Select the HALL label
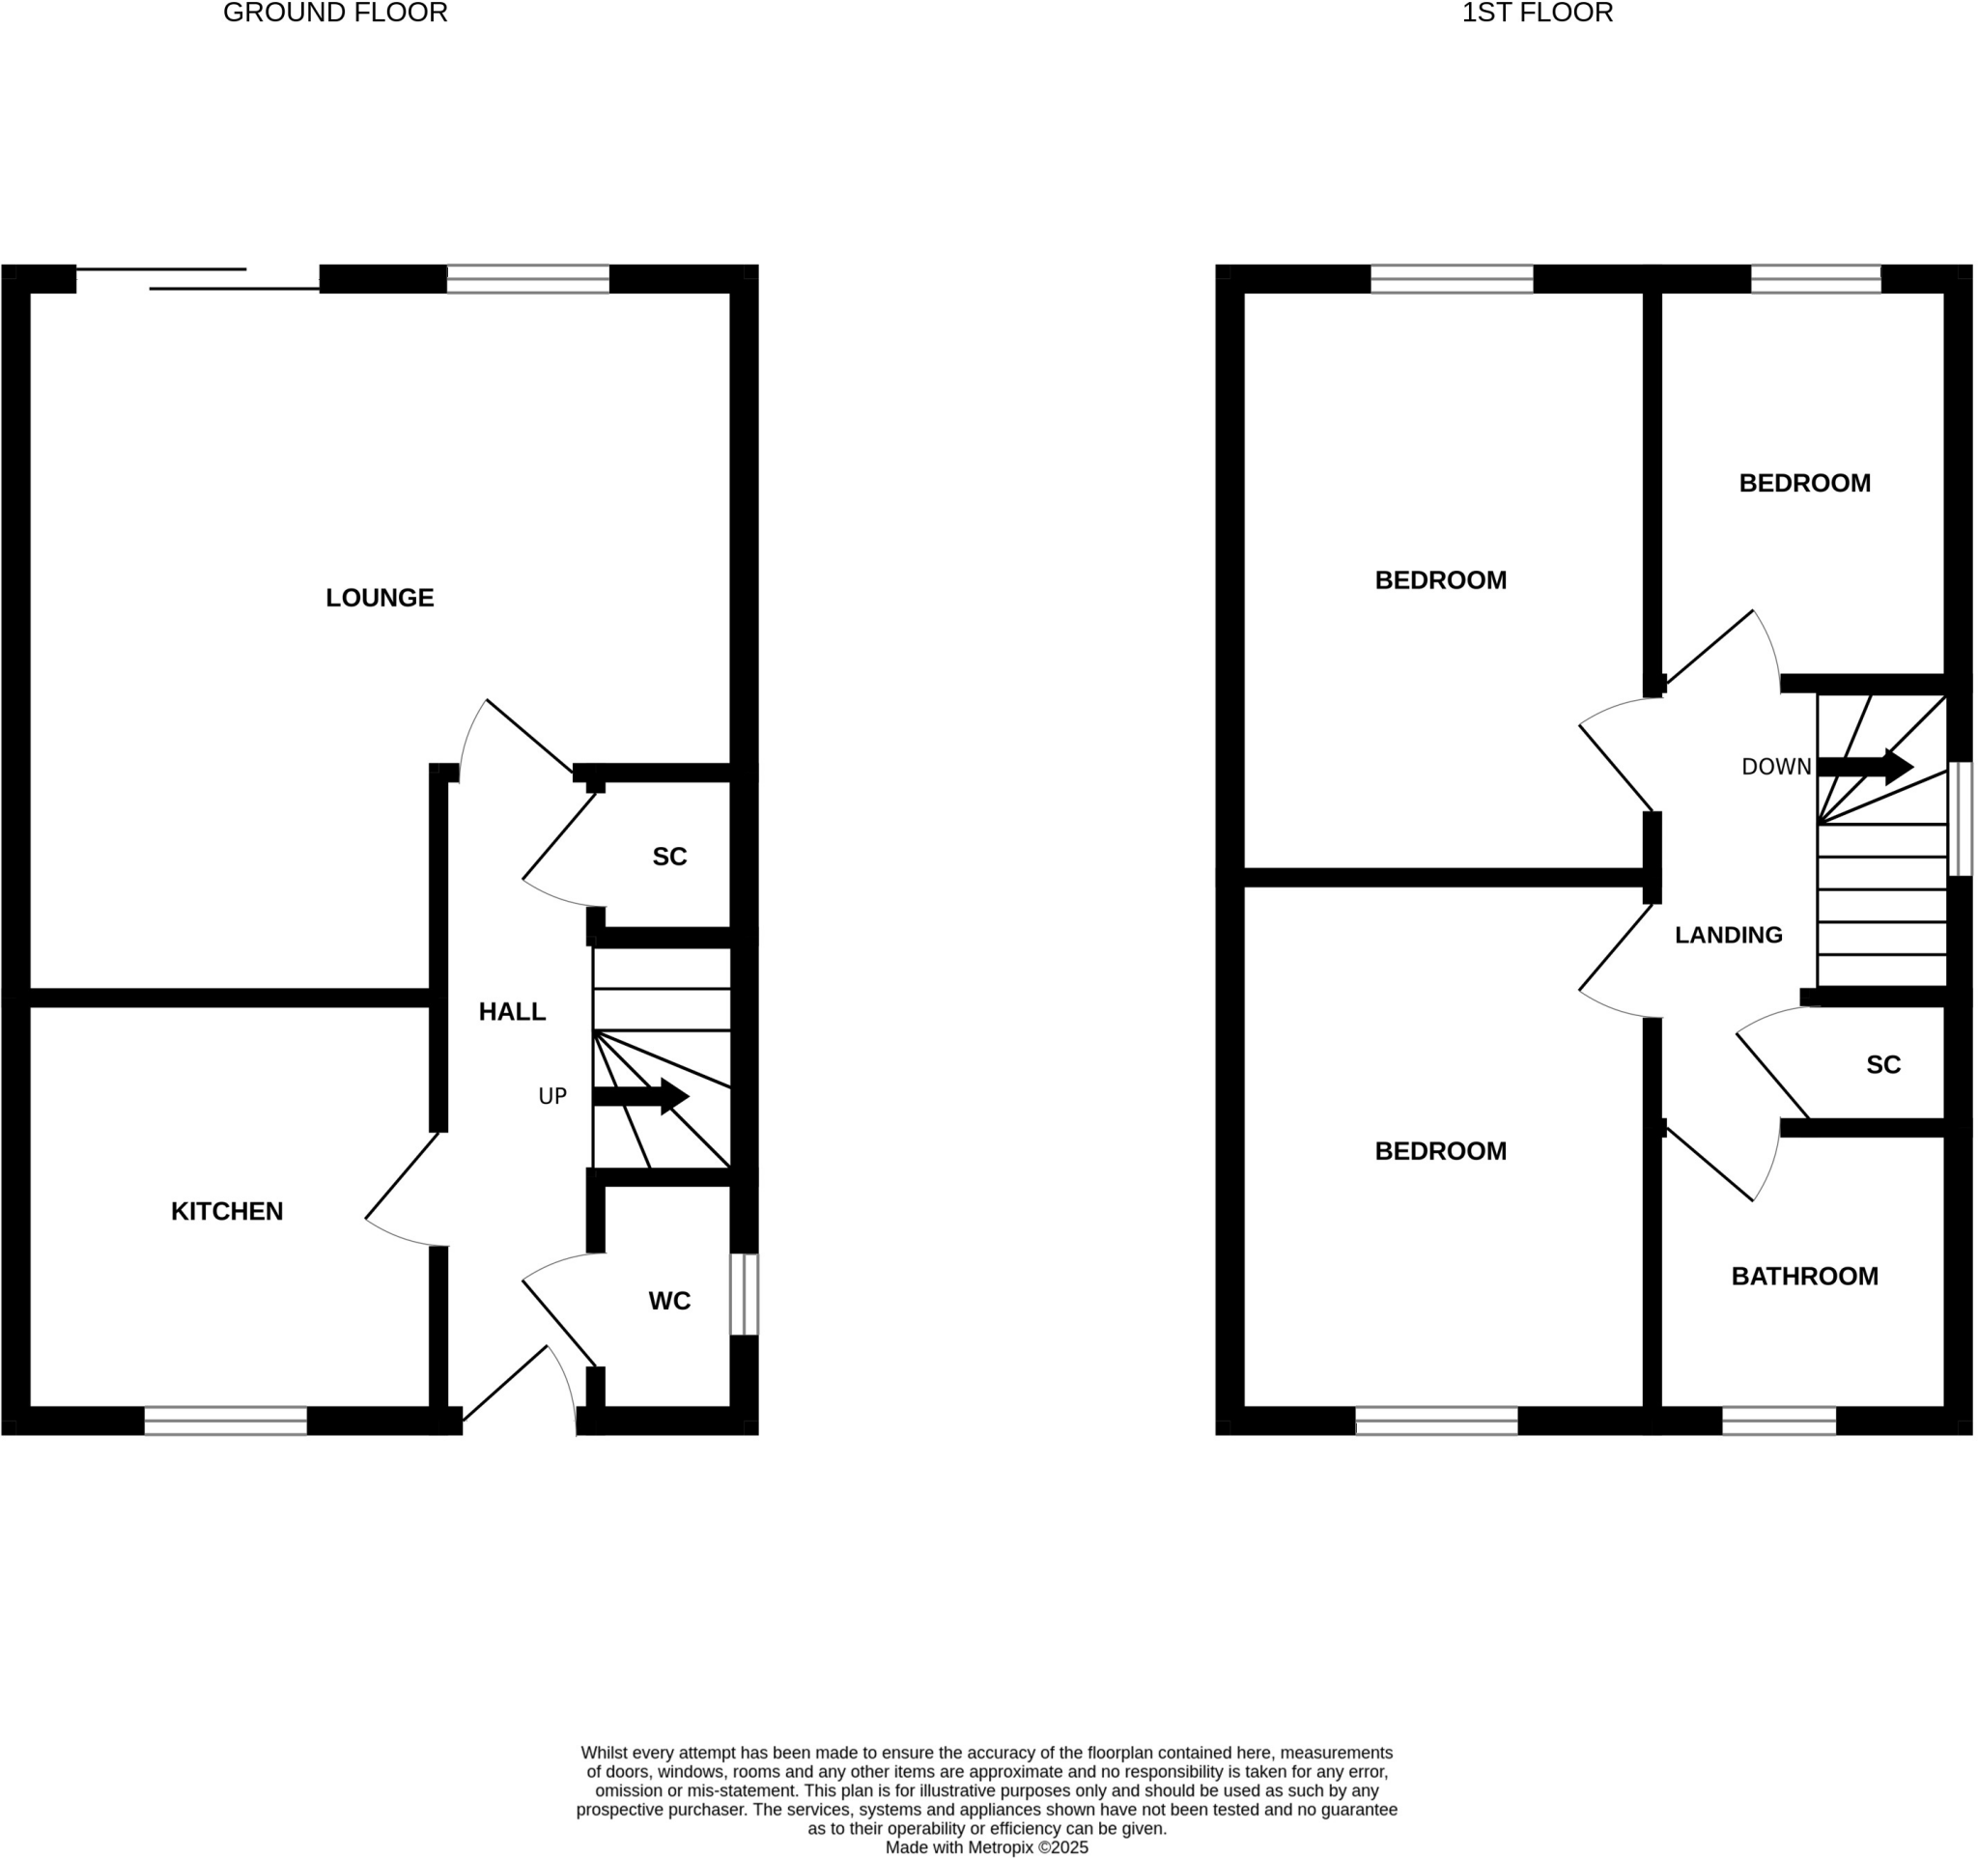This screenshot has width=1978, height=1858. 512,1011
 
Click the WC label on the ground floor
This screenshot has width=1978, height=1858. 668,1300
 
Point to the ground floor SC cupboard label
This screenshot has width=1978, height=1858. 668,857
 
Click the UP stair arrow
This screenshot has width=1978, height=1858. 639,1096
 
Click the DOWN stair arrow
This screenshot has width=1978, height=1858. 1864,766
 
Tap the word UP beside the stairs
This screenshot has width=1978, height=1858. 552,1096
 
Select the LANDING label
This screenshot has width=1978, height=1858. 1728,935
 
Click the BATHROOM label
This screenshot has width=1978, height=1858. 1804,1276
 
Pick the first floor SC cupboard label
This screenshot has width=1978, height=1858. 1882,1065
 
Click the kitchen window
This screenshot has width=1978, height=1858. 226,1421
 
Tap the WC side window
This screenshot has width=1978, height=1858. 745,1294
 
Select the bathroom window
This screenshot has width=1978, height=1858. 1778,1421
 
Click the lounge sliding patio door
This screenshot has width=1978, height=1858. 199,279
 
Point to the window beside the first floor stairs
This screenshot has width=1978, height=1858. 1958,819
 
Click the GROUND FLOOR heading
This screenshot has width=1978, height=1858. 335,13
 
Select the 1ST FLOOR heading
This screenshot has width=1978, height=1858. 1537,13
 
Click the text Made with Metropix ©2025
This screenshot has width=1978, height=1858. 987,1847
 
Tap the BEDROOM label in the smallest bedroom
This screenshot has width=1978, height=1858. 1804,484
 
